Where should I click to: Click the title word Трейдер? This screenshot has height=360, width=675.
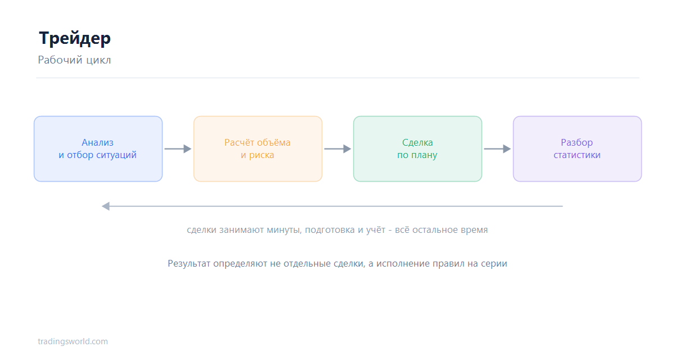[75, 39]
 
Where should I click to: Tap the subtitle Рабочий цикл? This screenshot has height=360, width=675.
[74, 60]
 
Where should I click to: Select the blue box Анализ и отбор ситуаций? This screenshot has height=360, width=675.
[98, 149]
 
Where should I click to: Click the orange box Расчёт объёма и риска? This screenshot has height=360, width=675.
[258, 149]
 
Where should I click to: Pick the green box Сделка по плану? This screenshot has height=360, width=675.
[417, 149]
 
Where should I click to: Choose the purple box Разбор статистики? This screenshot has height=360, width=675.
[577, 149]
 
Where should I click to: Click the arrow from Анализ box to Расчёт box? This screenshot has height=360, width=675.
[178, 149]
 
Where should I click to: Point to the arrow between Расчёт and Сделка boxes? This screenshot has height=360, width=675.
[338, 149]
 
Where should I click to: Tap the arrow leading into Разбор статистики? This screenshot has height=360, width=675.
[497, 149]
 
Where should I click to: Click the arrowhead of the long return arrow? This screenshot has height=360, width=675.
[106, 206]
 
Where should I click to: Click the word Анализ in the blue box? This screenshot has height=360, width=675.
[98, 142]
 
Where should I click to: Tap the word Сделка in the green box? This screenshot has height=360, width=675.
[417, 142]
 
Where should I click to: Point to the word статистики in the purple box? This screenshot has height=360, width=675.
[577, 155]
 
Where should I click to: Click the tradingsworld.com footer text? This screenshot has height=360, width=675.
[73, 341]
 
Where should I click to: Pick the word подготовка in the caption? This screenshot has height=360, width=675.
[330, 230]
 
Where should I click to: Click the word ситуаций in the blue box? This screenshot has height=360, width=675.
[116, 155]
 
